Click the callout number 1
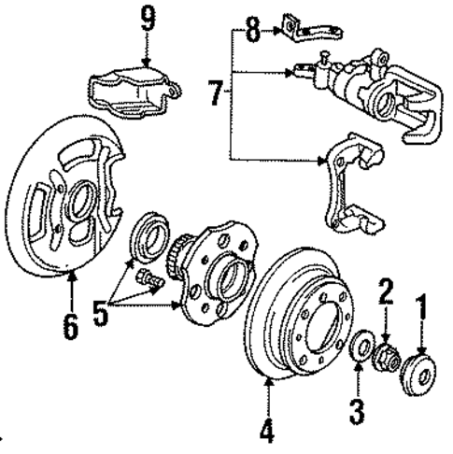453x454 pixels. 422,305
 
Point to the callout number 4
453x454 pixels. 267,433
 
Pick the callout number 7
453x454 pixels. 214,93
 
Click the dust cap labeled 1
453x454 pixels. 417,363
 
